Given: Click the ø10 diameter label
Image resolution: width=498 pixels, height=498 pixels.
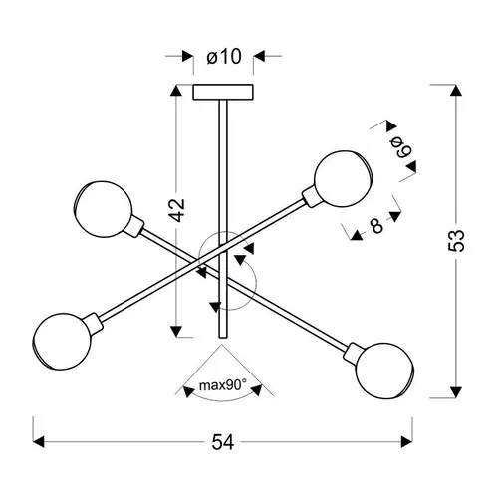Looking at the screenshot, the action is (x=224, y=57).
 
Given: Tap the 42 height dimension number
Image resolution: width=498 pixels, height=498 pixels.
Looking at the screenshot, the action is (x=176, y=210).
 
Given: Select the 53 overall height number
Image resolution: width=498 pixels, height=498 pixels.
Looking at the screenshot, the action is (x=456, y=240).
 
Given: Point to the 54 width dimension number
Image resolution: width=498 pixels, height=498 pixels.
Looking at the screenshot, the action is (x=223, y=442).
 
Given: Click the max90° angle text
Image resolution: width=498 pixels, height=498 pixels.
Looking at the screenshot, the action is (x=223, y=385).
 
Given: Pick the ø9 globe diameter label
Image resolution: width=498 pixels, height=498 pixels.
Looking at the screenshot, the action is (x=401, y=147).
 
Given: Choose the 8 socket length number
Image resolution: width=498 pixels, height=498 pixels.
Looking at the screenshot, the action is (x=376, y=226).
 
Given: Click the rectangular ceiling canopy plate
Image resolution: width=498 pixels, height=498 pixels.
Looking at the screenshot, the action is (x=223, y=92).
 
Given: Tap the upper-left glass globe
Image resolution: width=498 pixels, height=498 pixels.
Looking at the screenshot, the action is (x=104, y=209).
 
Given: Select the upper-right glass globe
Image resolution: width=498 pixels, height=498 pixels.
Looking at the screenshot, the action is (x=343, y=179).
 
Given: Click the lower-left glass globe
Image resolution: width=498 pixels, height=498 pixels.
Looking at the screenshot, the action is (x=62, y=342).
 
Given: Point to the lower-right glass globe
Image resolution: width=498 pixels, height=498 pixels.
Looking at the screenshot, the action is (x=384, y=371).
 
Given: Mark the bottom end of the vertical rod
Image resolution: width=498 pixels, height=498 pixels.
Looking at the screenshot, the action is (x=223, y=338).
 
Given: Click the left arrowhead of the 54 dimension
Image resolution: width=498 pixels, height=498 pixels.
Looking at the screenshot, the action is (x=38, y=442).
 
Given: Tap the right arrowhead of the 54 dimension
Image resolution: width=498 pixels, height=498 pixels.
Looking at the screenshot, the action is (x=407, y=442).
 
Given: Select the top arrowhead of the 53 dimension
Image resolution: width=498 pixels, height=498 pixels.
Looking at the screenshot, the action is (x=456, y=91).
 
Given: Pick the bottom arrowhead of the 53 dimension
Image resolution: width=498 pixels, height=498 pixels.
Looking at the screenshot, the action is (x=456, y=392).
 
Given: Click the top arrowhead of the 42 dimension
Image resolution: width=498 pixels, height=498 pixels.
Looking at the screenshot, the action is (x=176, y=91).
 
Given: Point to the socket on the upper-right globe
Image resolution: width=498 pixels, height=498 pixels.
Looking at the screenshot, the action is (x=311, y=198).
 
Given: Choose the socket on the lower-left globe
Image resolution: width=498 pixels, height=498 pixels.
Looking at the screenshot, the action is (x=95, y=324).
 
